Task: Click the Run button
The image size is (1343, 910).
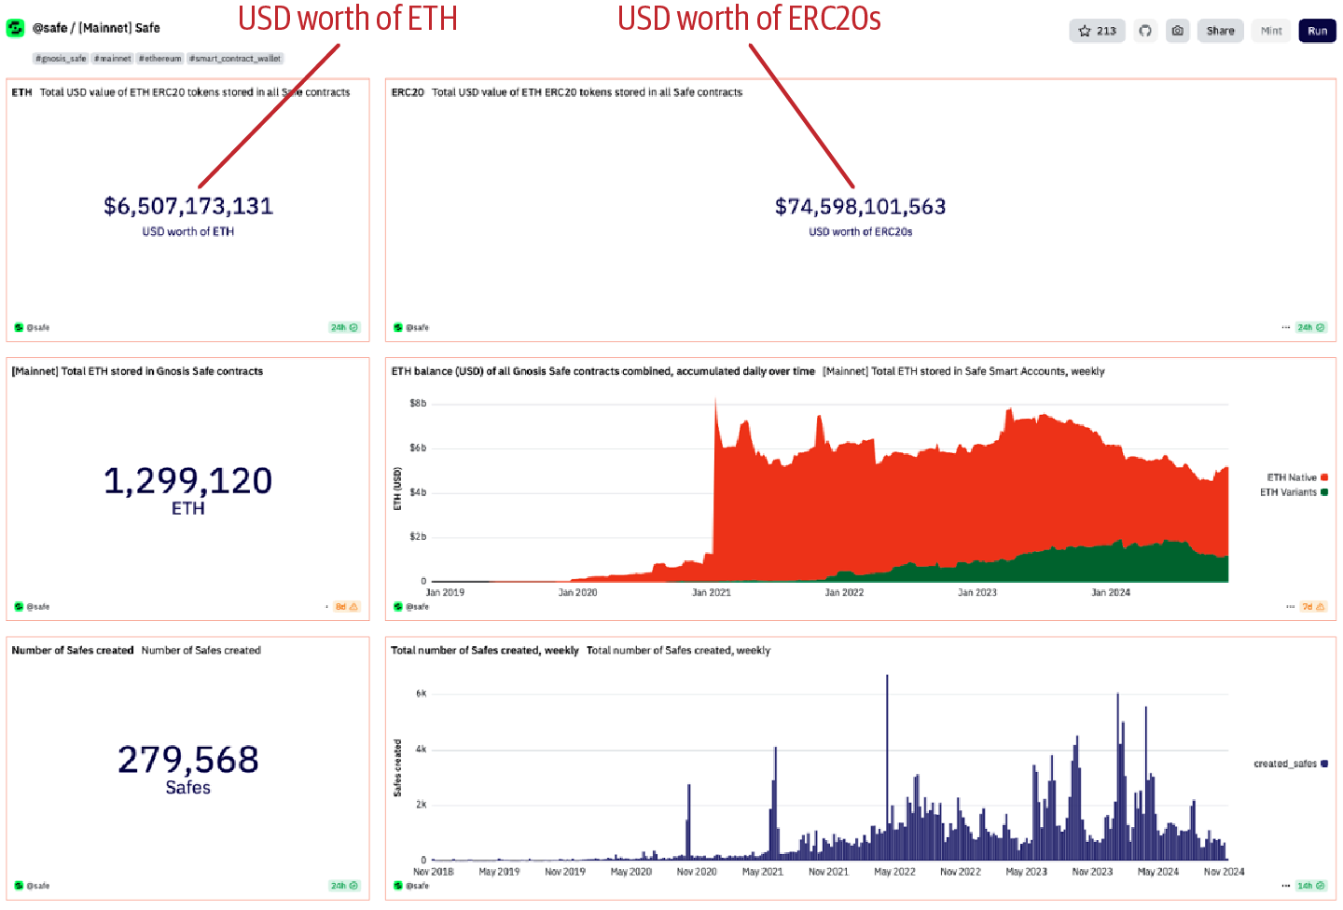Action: point(1317,31)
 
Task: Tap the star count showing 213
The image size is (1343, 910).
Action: point(1098,31)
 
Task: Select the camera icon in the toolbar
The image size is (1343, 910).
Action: point(1178,31)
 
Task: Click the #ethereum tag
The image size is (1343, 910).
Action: point(160,59)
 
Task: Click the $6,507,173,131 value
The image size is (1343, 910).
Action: point(188,206)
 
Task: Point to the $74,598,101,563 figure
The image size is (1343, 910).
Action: point(860,206)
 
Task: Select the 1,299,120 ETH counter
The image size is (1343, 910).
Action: point(187,481)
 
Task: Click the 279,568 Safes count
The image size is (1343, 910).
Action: point(188,760)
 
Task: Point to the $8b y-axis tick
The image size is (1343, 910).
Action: point(418,404)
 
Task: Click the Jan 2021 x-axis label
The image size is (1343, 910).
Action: point(712,593)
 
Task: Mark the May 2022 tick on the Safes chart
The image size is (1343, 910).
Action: point(894,872)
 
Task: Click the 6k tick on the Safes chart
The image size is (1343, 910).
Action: point(422,694)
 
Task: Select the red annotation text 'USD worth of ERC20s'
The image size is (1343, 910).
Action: point(749,19)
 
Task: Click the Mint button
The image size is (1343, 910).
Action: point(1271,31)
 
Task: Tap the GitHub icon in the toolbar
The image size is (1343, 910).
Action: point(1145,31)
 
